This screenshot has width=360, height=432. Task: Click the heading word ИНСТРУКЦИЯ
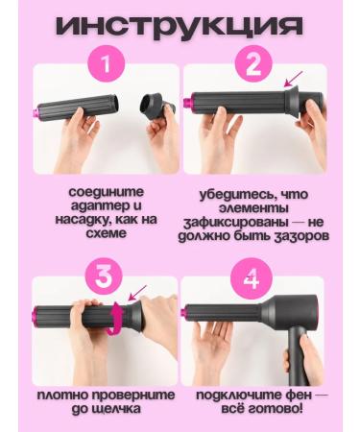[x=179, y=26]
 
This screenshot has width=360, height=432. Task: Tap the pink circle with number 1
[x=107, y=67]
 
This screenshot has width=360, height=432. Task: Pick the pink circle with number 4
[x=252, y=280]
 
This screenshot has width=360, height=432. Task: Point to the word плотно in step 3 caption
[x=66, y=395]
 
